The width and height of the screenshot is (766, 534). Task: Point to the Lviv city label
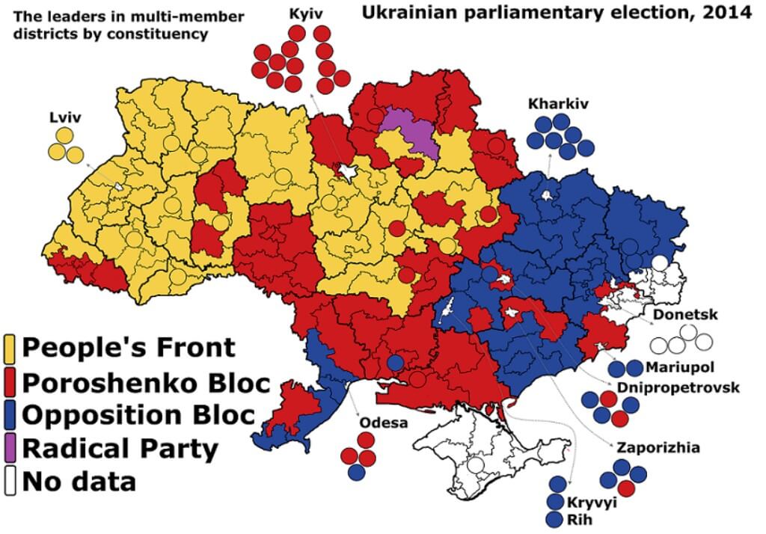tap(66, 117)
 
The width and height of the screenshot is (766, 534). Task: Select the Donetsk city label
tap(685, 315)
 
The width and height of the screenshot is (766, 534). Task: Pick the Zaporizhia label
tap(658, 447)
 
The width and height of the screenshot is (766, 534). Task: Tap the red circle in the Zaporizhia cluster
tap(628, 488)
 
